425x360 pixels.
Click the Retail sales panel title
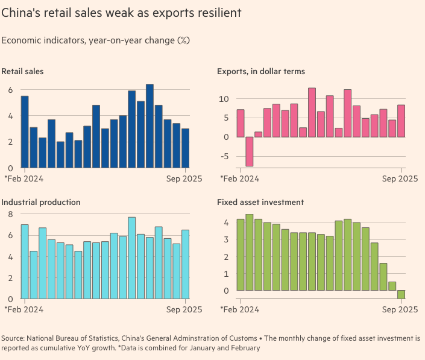tap(22, 71)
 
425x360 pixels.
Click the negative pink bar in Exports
tap(249, 151)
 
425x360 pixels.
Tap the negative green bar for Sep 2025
tap(401, 294)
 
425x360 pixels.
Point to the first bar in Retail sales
tap(25, 131)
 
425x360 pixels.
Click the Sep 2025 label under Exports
tap(400, 178)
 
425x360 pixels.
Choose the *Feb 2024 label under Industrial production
tap(24, 309)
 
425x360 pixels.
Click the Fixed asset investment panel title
tap(260, 202)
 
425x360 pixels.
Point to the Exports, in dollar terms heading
tap(260, 71)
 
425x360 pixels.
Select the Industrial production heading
tap(41, 202)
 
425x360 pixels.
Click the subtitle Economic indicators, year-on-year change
tap(95, 40)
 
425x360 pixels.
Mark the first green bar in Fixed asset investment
tap(240, 254)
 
